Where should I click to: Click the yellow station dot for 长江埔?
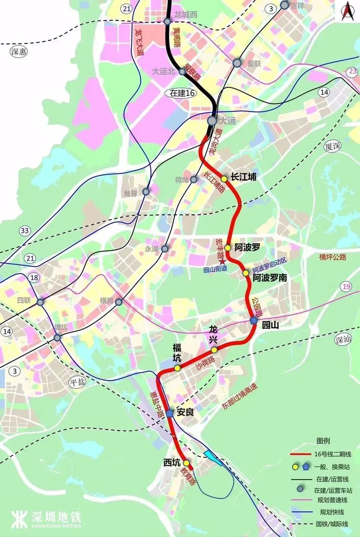coord(224,179)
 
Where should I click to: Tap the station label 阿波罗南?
coord(269,278)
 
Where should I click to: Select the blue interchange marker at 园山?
coord(254,320)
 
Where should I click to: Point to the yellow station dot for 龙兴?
coord(214,349)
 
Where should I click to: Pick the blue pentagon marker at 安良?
coord(170,413)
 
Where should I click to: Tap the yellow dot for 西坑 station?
coord(186,463)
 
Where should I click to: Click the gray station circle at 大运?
coord(212,120)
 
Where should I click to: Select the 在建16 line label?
coord(183,93)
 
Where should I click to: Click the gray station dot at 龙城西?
coord(167,22)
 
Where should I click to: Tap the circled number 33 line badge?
coord(25,231)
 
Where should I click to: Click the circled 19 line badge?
coord(346,287)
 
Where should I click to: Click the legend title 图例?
coord(322,441)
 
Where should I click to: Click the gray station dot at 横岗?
coord(119,302)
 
